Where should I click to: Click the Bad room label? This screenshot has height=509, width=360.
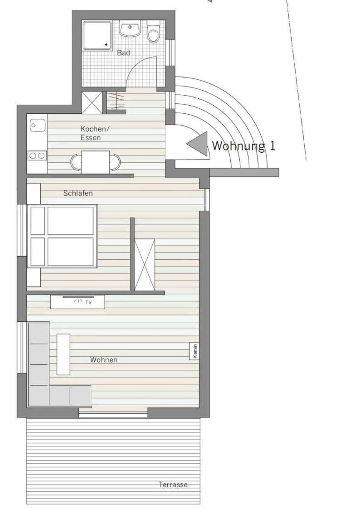124,53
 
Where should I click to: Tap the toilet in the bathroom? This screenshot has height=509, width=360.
153,31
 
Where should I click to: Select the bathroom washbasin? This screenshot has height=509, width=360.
130,29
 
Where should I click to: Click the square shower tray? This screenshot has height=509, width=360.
97,35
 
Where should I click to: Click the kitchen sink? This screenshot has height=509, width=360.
38,125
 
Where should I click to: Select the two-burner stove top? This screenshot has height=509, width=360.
37,156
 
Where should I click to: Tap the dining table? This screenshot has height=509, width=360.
95,162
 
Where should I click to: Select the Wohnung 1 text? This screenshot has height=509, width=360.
243,146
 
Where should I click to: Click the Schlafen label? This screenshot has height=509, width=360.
78,193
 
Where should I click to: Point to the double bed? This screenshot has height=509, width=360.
62,236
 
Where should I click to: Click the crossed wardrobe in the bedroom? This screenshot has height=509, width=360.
145,265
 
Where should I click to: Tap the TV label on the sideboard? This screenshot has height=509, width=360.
88,302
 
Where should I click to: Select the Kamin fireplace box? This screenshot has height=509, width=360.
194,351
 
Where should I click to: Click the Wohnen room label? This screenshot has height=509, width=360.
104,360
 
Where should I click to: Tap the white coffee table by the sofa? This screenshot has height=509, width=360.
63,354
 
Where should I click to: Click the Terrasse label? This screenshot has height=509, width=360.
173,485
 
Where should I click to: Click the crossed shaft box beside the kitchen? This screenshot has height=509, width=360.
92,102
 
